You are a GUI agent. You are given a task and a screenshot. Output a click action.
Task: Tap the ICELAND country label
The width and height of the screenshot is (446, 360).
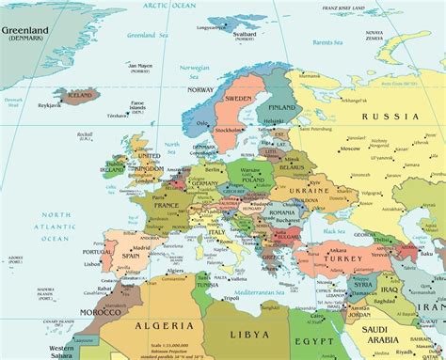80,95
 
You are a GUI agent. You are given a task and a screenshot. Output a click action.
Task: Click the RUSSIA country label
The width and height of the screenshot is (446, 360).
387,117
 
